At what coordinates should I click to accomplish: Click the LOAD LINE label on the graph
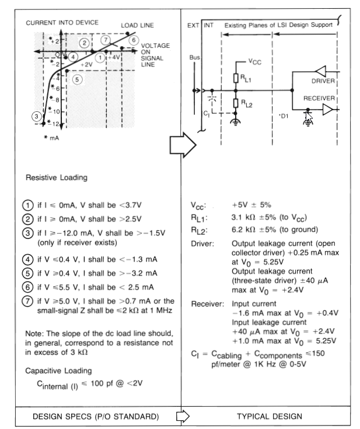137,26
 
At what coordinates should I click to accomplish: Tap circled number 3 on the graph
36,117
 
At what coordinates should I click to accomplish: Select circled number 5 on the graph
78,79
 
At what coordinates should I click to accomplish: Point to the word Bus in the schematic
195,58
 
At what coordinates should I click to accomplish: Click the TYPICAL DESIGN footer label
269,417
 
